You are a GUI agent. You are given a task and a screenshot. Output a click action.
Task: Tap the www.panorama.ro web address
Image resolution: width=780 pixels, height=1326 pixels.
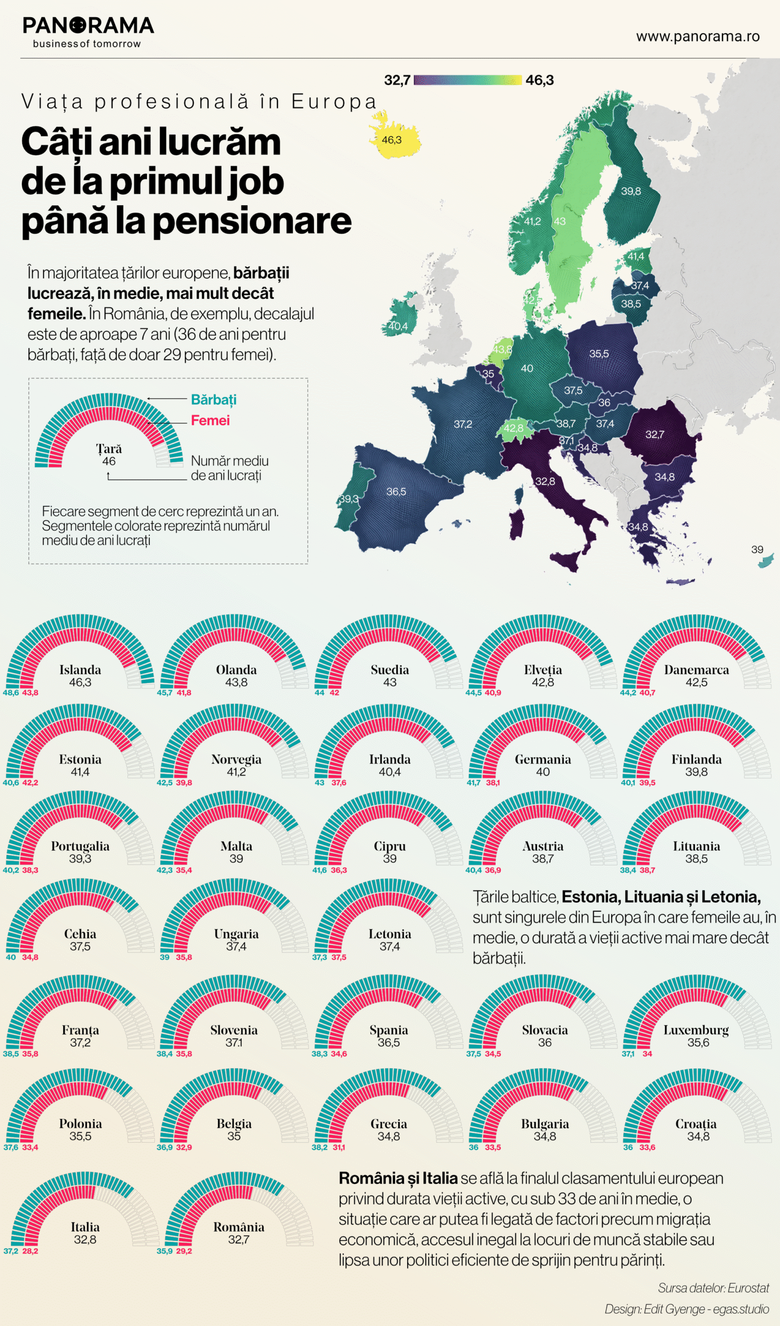pyautogui.click(x=697, y=36)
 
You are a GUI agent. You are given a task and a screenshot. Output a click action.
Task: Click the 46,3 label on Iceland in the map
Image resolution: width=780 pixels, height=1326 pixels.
pyautogui.click(x=392, y=140)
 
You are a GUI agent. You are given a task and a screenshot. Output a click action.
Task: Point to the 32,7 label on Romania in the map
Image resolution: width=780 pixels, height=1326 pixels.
pyautogui.click(x=655, y=435)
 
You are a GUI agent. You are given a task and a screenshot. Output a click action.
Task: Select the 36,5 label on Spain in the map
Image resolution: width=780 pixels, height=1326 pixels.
pyautogui.click(x=396, y=492)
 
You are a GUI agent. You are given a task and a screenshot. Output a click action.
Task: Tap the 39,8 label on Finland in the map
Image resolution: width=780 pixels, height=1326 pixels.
pyautogui.click(x=630, y=191)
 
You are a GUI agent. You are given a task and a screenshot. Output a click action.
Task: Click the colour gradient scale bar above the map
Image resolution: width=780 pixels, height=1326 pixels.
pyautogui.click(x=467, y=80)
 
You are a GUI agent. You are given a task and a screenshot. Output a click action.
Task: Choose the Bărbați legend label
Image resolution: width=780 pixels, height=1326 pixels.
pyautogui.click(x=214, y=400)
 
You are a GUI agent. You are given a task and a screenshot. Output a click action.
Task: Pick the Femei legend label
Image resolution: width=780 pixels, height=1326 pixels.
pyautogui.click(x=210, y=421)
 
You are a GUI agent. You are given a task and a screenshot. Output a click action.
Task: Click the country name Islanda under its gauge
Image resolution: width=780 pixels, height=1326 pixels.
pyautogui.click(x=80, y=670)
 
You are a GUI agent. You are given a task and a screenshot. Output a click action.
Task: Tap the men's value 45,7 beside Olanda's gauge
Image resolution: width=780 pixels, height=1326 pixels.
pyautogui.click(x=164, y=693)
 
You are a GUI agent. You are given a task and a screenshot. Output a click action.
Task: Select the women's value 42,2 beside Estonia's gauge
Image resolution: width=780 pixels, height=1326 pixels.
pyautogui.click(x=30, y=783)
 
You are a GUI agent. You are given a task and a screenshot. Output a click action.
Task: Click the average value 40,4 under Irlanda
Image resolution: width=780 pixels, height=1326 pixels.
pyautogui.click(x=389, y=772)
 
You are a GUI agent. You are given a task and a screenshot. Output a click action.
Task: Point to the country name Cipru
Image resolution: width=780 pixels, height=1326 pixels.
pyautogui.click(x=389, y=846)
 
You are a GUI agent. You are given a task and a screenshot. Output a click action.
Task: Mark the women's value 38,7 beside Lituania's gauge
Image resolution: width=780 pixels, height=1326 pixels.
pyautogui.click(x=647, y=870)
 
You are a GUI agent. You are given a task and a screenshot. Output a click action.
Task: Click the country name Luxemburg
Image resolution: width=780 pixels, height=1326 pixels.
pyautogui.click(x=696, y=1030)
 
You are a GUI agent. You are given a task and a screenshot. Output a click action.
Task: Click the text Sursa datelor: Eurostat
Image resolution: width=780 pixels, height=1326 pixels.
pyautogui.click(x=713, y=1288)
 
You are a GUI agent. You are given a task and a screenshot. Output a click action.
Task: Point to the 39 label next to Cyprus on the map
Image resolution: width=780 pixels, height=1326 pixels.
pyautogui.click(x=757, y=550)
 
